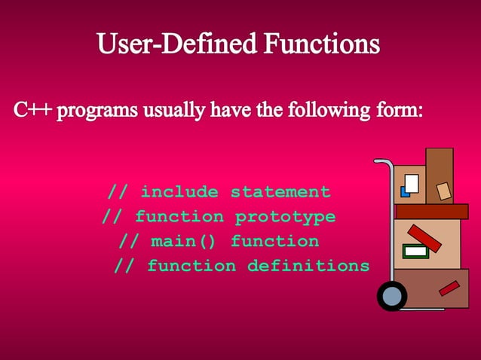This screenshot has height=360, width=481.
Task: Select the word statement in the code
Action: (x=280, y=192)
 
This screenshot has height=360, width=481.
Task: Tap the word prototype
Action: (x=285, y=217)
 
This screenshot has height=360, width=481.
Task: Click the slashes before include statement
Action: (x=117, y=192)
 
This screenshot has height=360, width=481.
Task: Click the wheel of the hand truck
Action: (x=392, y=295)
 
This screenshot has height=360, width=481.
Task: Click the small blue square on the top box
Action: (x=405, y=192)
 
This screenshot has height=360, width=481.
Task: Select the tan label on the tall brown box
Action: (x=444, y=191)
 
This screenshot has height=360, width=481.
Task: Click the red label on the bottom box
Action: (x=449, y=288)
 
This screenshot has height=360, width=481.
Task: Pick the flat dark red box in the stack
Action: (x=431, y=212)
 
